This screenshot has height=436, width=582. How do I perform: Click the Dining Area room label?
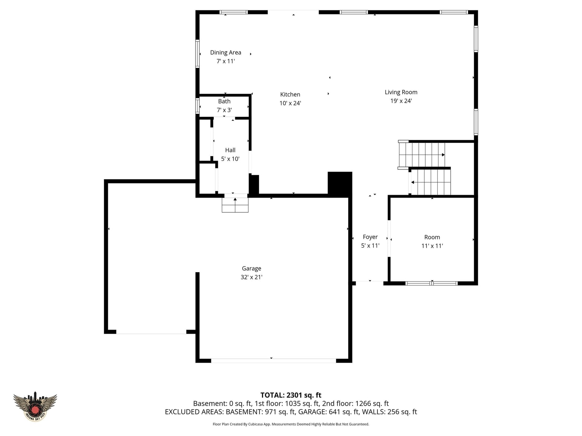(x=225, y=52)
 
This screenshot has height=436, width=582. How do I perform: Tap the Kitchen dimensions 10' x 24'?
(x=290, y=103)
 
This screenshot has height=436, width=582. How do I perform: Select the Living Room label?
(x=400, y=92)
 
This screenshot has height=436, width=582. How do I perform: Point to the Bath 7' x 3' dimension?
(x=224, y=110)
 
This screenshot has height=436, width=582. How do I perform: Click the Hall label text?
(x=230, y=150)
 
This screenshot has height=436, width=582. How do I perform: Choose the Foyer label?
(x=370, y=237)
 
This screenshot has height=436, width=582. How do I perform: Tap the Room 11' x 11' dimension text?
(x=432, y=246)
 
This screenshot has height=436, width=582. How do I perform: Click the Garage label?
(x=251, y=268)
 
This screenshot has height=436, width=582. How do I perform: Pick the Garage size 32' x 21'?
(x=251, y=277)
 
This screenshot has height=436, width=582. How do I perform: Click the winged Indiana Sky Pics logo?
(x=35, y=406)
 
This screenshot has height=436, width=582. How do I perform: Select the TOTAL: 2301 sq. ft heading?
(x=291, y=395)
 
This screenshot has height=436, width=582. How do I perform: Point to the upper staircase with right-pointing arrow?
(x=422, y=155)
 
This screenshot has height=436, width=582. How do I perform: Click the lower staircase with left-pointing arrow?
(x=429, y=182)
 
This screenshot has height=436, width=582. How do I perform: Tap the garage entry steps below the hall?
(x=235, y=205)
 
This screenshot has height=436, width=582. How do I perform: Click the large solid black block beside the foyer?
(x=340, y=184)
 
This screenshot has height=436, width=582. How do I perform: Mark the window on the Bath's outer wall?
(x=197, y=106)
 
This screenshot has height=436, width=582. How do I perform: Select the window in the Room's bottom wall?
(x=431, y=284)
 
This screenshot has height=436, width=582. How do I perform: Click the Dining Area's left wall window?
(x=197, y=54)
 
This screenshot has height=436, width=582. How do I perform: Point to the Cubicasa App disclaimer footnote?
(x=291, y=424)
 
